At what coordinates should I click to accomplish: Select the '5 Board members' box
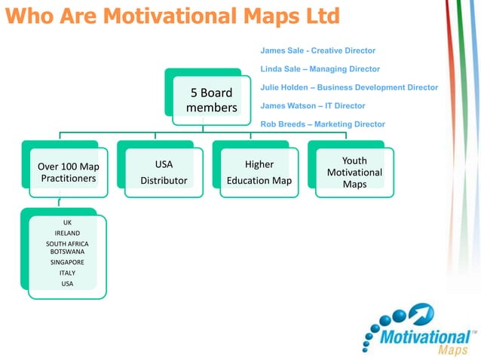point(211,100)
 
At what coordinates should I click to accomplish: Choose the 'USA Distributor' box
point(164,172)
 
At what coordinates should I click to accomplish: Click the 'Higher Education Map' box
point(259,172)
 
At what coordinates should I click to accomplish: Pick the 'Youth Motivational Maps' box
point(354,172)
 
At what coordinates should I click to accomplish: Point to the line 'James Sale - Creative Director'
point(317,50)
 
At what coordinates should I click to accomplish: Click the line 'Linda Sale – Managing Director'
point(320,69)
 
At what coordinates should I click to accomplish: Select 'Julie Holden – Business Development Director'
point(348,87)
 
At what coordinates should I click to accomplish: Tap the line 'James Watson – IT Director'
point(312,106)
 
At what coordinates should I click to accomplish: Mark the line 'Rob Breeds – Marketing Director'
point(322,124)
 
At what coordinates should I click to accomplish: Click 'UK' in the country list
point(67,223)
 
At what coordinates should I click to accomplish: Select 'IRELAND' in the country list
point(67,233)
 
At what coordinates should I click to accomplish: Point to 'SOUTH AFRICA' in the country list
point(67,244)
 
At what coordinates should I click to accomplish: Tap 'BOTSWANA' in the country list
point(67,252)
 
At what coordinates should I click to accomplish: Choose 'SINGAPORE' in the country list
point(67,262)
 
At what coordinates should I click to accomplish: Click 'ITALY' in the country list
point(67,273)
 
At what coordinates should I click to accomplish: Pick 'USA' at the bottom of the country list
point(67,283)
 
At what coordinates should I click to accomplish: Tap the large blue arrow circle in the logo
point(421,313)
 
